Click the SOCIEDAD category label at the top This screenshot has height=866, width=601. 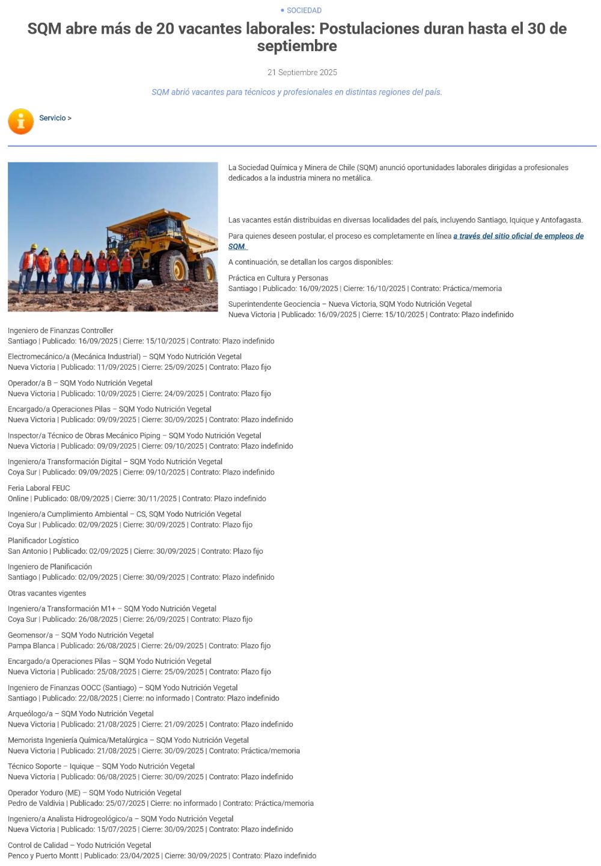click(304, 10)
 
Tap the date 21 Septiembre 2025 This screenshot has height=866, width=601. click(302, 72)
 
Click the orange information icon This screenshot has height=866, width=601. click(21, 121)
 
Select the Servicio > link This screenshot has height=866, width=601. click(55, 118)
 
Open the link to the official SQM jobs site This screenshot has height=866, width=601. click(518, 236)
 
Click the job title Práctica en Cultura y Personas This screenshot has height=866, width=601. click(278, 278)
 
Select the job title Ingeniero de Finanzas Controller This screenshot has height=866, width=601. click(61, 330)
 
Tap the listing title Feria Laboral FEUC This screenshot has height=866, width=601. click(39, 488)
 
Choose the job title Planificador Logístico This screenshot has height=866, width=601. click(43, 540)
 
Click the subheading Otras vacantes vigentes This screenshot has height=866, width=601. click(47, 593)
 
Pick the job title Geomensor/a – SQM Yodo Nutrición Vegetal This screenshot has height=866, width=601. click(81, 634)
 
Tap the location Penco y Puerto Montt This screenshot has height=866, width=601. click(43, 855)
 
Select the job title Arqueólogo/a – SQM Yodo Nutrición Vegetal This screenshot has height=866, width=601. click(81, 713)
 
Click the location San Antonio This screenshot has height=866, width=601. click(28, 551)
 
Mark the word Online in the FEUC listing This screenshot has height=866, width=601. click(18, 499)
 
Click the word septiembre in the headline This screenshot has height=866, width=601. click(297, 46)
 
